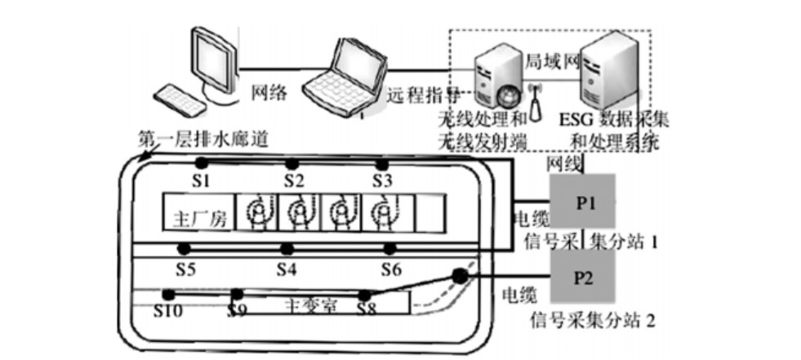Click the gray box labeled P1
coord(582,202)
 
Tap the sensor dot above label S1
coord(201,162)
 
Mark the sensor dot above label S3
coord(381,163)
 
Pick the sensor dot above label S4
coord(286,249)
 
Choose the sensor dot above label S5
coord(185,248)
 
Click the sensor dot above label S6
coord(390,249)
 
